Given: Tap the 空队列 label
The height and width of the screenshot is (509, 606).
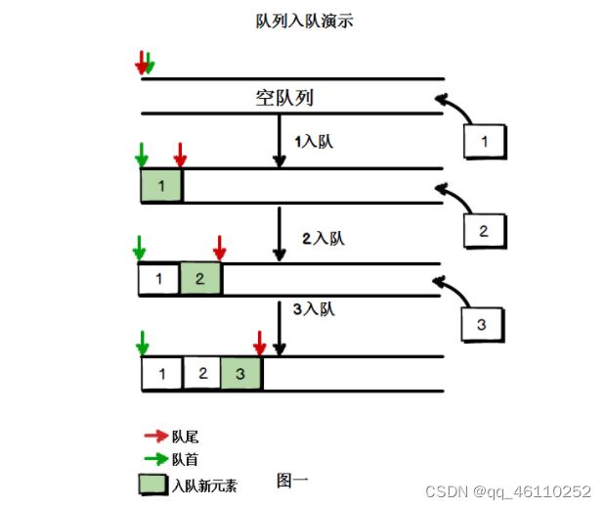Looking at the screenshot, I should (x=284, y=98).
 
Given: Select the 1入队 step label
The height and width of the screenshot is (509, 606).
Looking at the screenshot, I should (x=314, y=143).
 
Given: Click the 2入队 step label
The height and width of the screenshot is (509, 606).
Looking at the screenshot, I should (x=323, y=238).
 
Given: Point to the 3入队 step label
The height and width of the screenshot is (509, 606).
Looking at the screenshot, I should (x=314, y=309).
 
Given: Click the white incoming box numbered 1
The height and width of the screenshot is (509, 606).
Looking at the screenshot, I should (x=484, y=142).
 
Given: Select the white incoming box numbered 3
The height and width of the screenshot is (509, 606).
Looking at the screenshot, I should (x=481, y=324).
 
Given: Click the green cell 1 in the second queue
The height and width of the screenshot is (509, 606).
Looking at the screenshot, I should (x=161, y=186).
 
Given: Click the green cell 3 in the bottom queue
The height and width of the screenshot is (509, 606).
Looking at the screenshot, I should (x=240, y=373).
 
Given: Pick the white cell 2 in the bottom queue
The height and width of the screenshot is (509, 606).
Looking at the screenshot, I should (x=201, y=373).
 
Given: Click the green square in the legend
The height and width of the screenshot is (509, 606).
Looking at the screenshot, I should (x=153, y=484).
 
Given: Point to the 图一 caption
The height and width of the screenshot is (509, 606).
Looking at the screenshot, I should (x=293, y=481).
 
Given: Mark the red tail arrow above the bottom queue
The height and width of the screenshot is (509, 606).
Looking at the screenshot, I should (x=259, y=344).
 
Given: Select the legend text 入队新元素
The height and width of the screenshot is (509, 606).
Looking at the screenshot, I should (x=204, y=485).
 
